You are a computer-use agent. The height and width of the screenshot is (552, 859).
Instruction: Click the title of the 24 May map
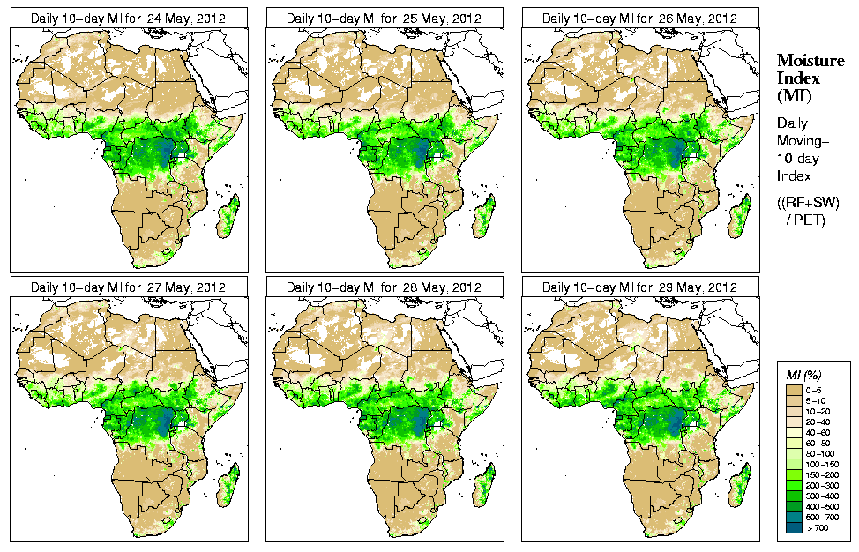click(x=128, y=18)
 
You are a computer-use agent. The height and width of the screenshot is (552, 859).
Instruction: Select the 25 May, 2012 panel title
click(x=384, y=18)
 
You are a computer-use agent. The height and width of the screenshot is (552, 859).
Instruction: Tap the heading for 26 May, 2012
click(x=639, y=18)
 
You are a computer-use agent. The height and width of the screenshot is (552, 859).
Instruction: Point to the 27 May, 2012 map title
click(x=128, y=287)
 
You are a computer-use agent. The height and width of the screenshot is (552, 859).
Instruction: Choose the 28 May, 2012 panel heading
click(x=384, y=287)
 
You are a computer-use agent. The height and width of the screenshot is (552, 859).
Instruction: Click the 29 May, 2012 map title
click(x=639, y=287)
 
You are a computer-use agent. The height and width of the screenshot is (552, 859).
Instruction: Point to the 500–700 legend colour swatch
click(x=792, y=518)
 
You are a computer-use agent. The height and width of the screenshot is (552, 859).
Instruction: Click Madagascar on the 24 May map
click(x=228, y=217)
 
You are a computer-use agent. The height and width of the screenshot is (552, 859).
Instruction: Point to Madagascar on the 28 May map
click(x=484, y=486)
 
